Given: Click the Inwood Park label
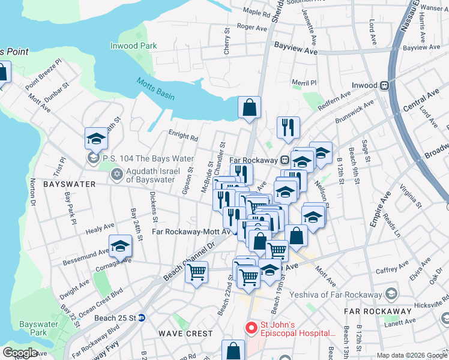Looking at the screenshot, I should tap(133, 46).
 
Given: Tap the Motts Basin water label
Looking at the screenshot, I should tap(153, 89).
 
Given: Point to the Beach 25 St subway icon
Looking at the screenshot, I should tap(142, 317).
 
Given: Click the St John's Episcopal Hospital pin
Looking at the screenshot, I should tap(250, 329).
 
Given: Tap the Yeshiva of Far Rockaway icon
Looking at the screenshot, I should tap(392, 294).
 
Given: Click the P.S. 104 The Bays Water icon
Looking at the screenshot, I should tap(93, 158).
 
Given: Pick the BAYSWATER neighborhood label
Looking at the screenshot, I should tap(70, 184).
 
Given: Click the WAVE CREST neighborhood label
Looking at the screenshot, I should tap(185, 333).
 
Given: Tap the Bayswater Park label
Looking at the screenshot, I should tap(34, 328).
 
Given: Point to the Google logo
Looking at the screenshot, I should tap(20, 353).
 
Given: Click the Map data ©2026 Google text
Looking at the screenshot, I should tap(411, 355).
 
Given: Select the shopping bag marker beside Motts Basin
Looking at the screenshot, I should tap(249, 109).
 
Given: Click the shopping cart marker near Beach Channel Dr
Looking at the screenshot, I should tap(196, 273).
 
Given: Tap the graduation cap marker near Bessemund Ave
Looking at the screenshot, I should tap(120, 247).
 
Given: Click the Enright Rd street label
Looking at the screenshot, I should tap(183, 137).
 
